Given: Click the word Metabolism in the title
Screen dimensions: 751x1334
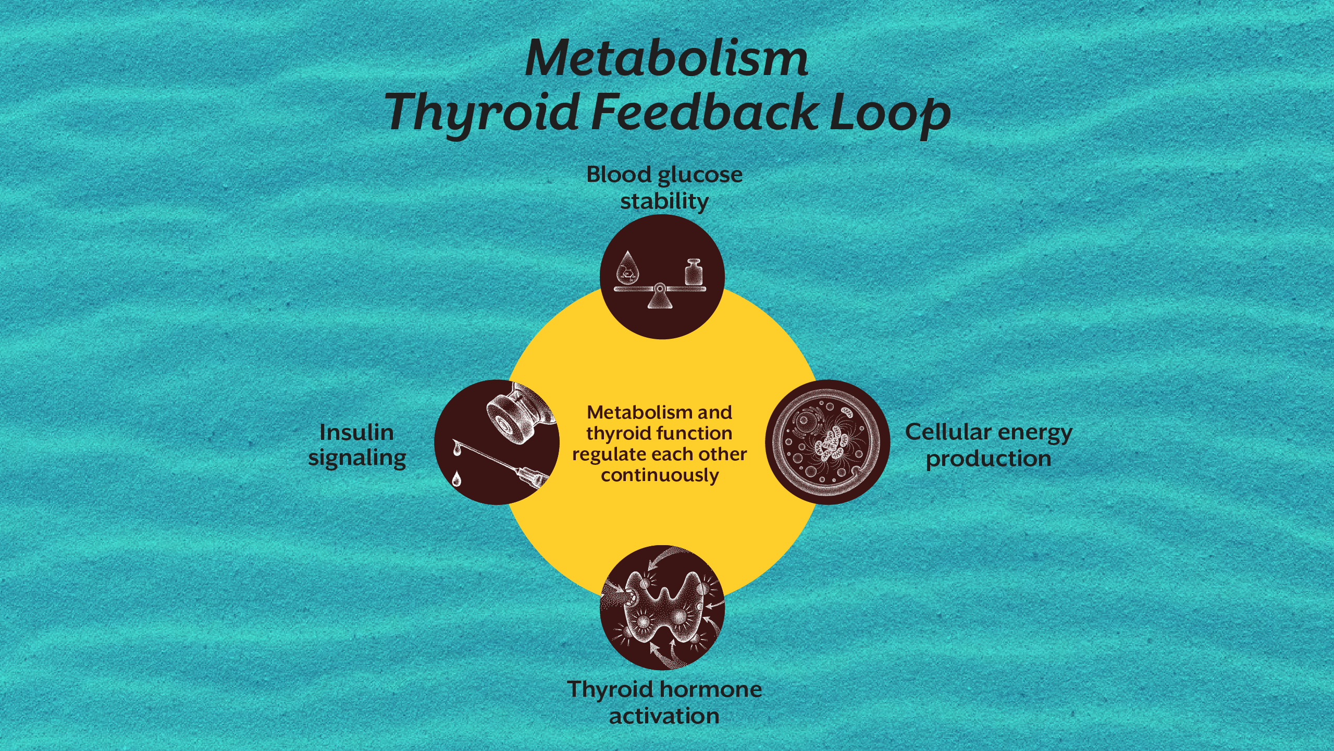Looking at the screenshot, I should [x=666, y=58].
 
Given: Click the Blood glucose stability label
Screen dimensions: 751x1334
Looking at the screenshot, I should [x=664, y=188].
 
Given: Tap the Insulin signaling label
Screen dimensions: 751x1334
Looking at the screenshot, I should [x=357, y=445].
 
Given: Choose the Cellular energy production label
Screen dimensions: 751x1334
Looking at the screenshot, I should [x=989, y=445].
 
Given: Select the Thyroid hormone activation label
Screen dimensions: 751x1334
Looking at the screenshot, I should [x=664, y=702].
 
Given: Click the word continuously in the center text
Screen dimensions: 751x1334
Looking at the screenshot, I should [x=660, y=475].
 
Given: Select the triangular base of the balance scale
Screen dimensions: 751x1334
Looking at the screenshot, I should [x=660, y=300].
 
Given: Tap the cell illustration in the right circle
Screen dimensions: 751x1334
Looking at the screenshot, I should [x=827, y=442].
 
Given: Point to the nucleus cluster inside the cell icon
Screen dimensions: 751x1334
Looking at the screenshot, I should [x=832, y=443].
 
